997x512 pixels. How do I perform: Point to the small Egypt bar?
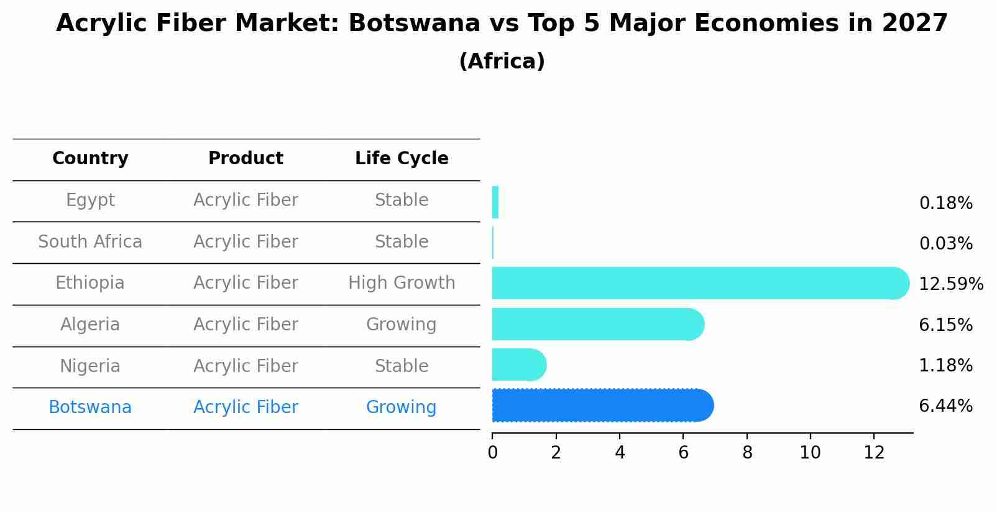495,202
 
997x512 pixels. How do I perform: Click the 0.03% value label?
945,244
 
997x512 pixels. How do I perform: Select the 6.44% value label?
945,406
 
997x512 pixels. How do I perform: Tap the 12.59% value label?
950,284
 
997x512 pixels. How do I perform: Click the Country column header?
90,159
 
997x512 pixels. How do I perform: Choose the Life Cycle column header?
402,159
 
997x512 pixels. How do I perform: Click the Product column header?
246,159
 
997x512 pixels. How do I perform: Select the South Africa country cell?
90,241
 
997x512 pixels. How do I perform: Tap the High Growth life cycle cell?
402,283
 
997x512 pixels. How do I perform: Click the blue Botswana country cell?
90,407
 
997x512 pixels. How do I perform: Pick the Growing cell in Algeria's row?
402,324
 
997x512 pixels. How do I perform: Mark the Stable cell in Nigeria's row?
402,366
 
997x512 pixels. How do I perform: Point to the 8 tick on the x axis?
747,452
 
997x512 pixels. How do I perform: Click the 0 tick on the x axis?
492,452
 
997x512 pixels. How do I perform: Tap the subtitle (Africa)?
502,62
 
